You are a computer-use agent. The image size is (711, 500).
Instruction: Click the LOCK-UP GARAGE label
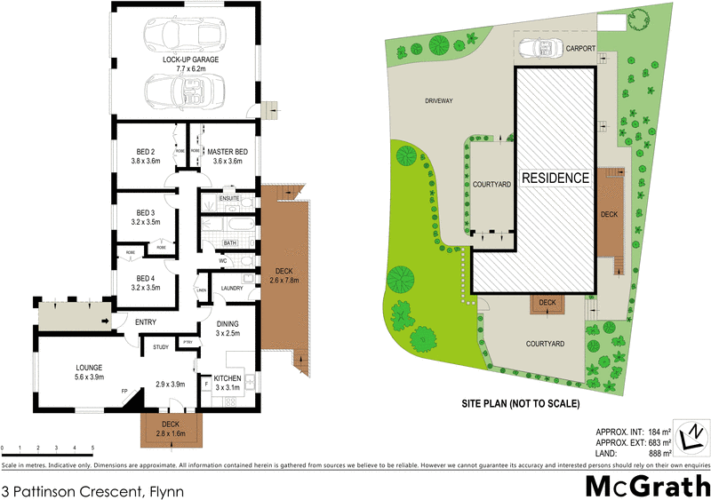coord(190,60)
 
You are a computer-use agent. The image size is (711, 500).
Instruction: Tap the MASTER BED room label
coord(227,151)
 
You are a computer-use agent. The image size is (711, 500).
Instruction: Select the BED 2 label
coord(146,151)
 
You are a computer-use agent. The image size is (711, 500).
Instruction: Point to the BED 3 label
coord(146,212)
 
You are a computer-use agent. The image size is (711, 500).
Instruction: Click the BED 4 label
coord(146,277)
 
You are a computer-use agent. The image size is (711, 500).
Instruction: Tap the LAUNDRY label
coord(232,288)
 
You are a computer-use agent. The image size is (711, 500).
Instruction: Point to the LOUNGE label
coord(89,367)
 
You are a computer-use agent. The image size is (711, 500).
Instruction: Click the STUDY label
coord(161,346)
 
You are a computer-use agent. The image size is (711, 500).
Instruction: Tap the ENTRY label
coord(146,321)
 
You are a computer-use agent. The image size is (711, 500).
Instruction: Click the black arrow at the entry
coord(106,321)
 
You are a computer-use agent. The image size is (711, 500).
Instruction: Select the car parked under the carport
coord(538,48)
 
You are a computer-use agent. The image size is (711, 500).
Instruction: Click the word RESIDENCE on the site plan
coord(555,178)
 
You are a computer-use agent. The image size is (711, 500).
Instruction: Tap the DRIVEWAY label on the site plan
coord(438,101)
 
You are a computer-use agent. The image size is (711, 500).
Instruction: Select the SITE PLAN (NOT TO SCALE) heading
coord(520,404)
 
